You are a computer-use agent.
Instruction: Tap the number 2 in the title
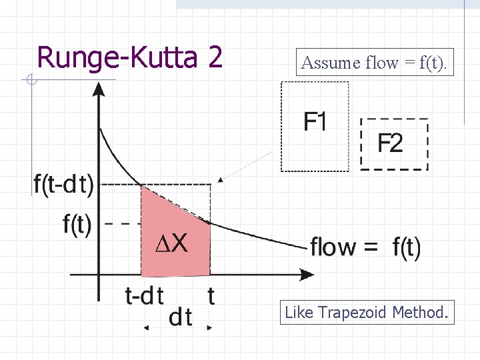(x=215, y=57)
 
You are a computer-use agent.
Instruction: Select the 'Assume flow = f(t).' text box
(x=375, y=63)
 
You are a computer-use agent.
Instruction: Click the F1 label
(x=315, y=121)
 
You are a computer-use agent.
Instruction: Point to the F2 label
(x=390, y=143)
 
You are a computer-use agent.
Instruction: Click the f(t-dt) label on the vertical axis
(x=63, y=184)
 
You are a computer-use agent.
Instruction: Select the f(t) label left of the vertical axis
(x=77, y=224)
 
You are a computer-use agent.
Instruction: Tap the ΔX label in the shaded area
(x=171, y=244)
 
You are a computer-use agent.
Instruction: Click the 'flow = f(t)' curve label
(x=365, y=247)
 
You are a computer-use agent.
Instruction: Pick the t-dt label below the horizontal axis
(x=145, y=295)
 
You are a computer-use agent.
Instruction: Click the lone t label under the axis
(x=211, y=295)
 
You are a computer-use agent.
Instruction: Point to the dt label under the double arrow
(x=180, y=317)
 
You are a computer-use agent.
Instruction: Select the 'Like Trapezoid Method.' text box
(x=367, y=312)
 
